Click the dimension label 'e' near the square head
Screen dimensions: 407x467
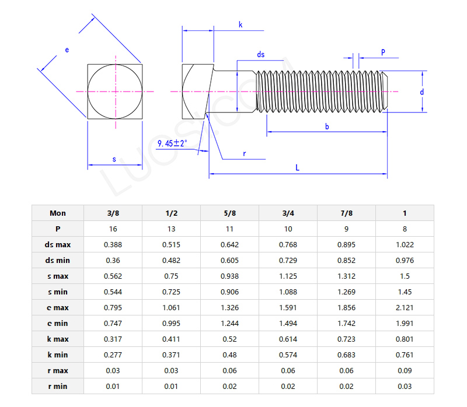click(x=67, y=50)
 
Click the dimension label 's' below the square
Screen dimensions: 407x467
click(x=114, y=159)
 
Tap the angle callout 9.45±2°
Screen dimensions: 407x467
click(x=172, y=143)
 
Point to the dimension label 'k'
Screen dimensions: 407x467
click(x=241, y=24)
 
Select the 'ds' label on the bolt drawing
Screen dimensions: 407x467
click(x=261, y=54)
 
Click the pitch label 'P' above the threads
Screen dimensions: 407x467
click(x=383, y=52)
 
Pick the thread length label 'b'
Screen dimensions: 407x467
click(x=327, y=126)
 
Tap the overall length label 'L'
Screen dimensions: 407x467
click(x=298, y=167)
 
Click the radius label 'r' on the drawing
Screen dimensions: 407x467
click(x=244, y=153)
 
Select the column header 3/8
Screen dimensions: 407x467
click(x=113, y=213)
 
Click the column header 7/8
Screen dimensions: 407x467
click(x=347, y=213)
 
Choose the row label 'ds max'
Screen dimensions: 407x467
click(x=58, y=245)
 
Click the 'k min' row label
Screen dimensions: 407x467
click(x=58, y=355)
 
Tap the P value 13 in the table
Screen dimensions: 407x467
click(x=172, y=229)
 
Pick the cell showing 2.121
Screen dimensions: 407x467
click(x=405, y=307)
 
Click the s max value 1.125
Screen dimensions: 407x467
click(x=288, y=276)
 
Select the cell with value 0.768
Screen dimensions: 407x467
click(x=288, y=245)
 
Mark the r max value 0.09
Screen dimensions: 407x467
click(x=405, y=370)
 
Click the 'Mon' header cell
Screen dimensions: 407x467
click(x=58, y=213)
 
